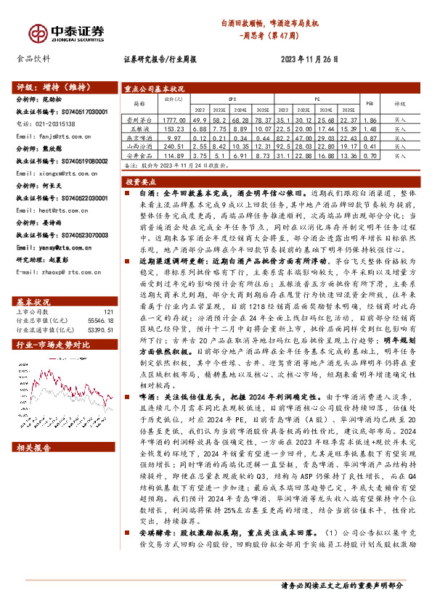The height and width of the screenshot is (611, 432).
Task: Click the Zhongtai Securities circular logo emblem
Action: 38,32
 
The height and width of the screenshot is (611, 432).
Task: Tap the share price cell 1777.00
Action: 174,120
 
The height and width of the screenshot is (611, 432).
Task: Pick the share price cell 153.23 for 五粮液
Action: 174,128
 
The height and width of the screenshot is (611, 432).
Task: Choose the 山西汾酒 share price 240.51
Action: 174,146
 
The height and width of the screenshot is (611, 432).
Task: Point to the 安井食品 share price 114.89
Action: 174,155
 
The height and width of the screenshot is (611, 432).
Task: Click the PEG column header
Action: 369,103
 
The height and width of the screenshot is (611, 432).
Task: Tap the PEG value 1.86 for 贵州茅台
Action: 369,120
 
